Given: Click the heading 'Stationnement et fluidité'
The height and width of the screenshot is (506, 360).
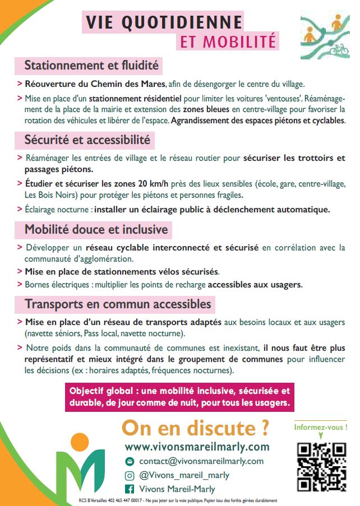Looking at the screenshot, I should click(x=91, y=66).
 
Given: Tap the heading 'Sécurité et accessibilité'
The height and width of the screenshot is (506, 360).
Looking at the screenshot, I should click(x=87, y=139).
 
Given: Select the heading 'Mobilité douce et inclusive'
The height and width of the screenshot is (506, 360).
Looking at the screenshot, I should click(x=96, y=229).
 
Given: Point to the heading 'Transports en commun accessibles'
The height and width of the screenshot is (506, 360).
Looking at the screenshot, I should click(x=118, y=304).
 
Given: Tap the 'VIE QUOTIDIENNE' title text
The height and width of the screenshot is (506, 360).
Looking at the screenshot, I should click(x=164, y=22).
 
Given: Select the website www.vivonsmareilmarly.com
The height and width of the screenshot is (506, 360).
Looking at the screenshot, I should click(x=197, y=447).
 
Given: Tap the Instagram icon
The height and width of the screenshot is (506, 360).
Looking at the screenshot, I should click(x=130, y=475).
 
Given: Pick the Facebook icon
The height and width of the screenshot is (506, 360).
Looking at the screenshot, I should click(x=130, y=489).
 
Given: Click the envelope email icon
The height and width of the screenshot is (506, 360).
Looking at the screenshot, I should click(x=130, y=461).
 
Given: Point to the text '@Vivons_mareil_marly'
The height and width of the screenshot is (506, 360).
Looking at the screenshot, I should click(x=184, y=475).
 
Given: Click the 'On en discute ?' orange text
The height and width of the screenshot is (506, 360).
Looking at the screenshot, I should click(x=196, y=428).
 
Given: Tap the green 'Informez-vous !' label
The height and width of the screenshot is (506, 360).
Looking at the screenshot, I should click(x=321, y=428).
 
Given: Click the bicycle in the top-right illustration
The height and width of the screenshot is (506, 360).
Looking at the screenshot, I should click(x=339, y=49).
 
